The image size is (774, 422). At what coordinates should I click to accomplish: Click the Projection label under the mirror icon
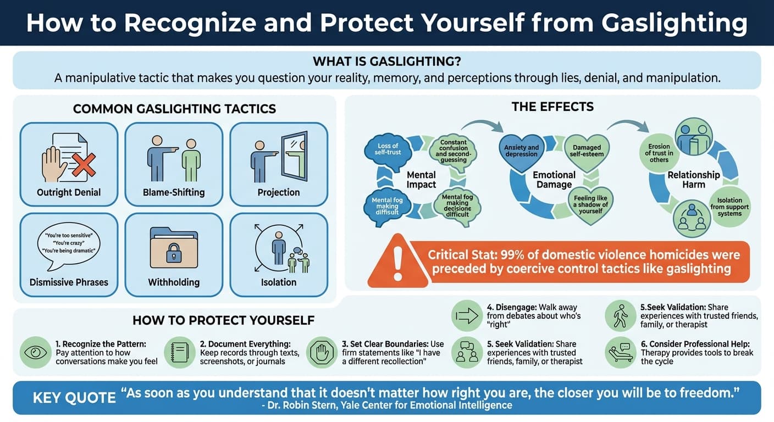[x=279, y=192]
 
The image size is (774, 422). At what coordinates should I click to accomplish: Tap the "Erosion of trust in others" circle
[x=659, y=153]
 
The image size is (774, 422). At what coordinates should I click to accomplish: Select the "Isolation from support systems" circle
[x=729, y=207]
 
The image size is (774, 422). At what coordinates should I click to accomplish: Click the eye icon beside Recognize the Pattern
[x=36, y=352]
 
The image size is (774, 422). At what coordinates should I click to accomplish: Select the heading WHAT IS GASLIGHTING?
[x=386, y=62]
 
